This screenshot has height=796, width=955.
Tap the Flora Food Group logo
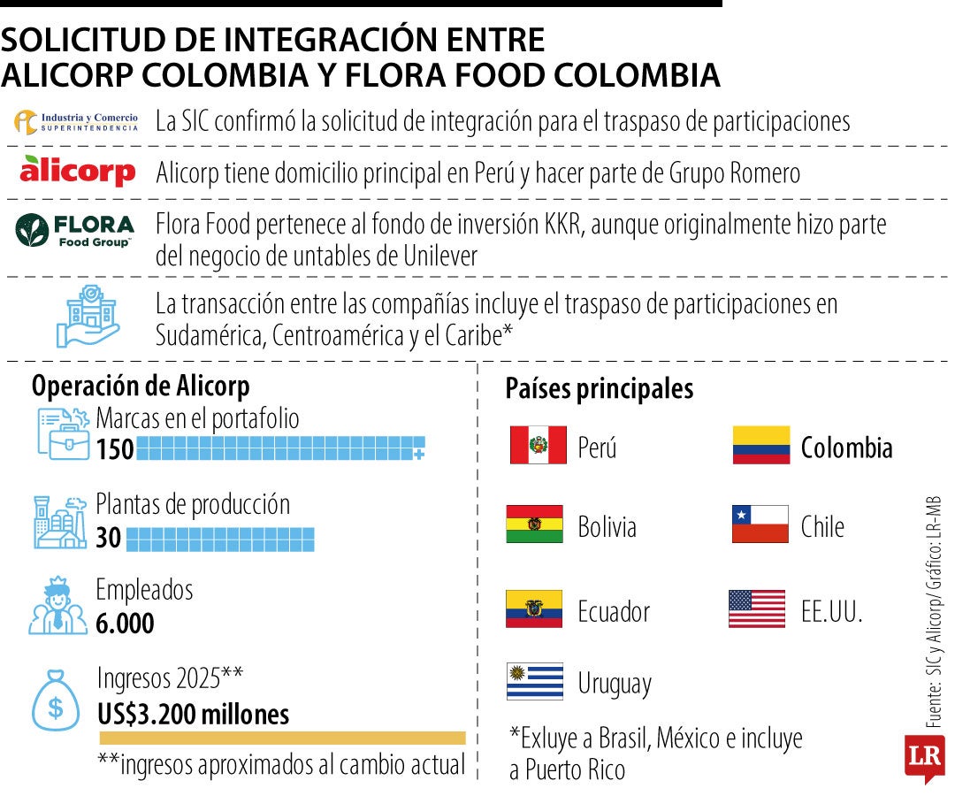click(75, 230)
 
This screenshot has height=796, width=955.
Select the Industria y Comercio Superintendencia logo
click(77, 122)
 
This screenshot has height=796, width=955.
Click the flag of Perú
click(538, 445)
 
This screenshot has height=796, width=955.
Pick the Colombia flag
click(760, 445)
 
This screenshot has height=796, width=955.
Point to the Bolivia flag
click(534, 524)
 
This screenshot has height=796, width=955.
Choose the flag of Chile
click(760, 524)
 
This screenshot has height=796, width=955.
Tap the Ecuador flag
click(534, 608)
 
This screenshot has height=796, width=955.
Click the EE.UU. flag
click(757, 608)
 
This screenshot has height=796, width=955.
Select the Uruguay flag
click(534, 681)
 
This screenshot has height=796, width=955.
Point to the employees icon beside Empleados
click(57, 606)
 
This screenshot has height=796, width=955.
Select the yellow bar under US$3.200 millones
click(282, 738)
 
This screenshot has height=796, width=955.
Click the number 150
click(115, 449)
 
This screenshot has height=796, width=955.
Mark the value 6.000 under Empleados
click(125, 624)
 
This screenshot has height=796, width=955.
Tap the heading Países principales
click(599, 389)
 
